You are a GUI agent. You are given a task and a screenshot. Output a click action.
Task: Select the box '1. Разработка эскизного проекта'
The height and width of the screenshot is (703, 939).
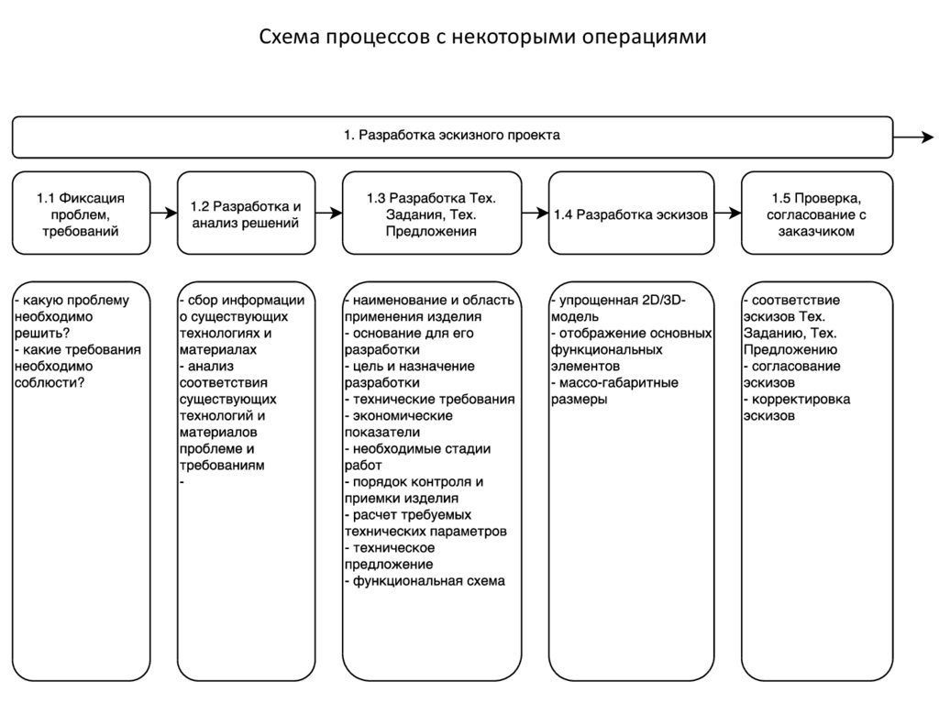point(452,137)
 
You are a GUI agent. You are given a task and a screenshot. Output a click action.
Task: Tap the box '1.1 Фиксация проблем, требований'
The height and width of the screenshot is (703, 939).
point(81,214)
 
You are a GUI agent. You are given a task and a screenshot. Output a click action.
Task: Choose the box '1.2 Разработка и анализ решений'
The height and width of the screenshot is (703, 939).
point(246,214)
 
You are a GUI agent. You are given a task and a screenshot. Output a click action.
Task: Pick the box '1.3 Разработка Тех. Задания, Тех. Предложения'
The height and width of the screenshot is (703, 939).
point(431,214)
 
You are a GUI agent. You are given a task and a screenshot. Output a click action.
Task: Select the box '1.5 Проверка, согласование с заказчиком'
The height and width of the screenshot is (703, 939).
point(816,214)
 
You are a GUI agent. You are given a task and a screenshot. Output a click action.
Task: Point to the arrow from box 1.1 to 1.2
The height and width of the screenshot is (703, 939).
point(163,214)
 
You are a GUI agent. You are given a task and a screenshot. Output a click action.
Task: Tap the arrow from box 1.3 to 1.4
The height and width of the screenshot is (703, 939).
point(534,214)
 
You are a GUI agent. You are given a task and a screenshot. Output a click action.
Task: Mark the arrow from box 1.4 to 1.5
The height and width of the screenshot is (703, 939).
point(727,214)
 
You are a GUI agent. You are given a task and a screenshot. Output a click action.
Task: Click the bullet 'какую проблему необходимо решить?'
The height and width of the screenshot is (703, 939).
point(72,316)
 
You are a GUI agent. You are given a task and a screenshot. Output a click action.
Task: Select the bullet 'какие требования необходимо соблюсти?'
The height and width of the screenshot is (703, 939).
point(78,366)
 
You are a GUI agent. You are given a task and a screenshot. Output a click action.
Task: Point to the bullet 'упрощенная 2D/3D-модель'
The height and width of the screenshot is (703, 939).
point(619,308)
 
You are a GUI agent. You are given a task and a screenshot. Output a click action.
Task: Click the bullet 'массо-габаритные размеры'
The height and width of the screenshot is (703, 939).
point(614,390)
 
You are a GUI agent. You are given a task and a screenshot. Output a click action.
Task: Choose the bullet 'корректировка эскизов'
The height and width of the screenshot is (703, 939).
point(796,407)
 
